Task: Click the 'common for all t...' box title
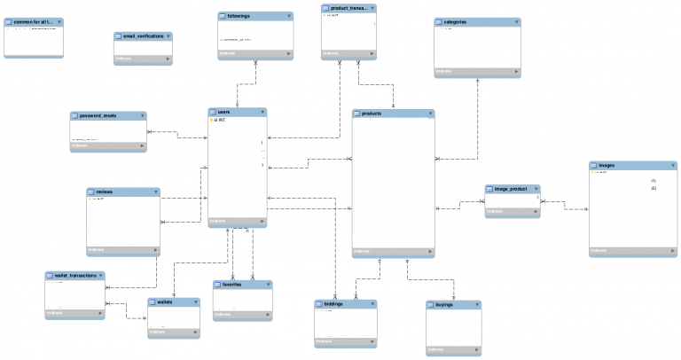tap(34, 20)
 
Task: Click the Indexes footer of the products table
tap(393, 252)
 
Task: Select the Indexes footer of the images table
tap(632, 252)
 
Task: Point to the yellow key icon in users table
tap(212, 121)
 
